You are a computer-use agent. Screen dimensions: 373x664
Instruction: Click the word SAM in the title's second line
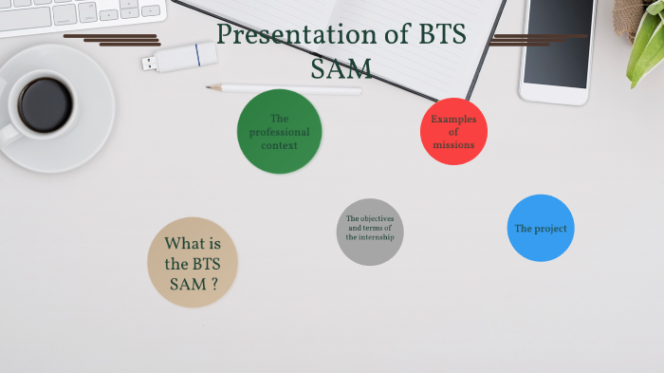pyautogui.click(x=341, y=68)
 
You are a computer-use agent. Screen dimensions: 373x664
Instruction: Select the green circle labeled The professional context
pyautogui.click(x=279, y=132)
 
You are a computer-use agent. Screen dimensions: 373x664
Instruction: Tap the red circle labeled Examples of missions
pyautogui.click(x=453, y=131)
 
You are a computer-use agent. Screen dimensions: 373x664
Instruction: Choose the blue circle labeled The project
pyautogui.click(x=541, y=228)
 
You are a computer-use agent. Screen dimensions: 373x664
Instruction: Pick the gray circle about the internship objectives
pyautogui.click(x=370, y=232)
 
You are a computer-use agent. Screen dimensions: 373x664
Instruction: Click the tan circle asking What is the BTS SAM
pyautogui.click(x=193, y=263)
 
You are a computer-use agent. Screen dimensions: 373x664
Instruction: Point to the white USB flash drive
pyautogui.click(x=184, y=58)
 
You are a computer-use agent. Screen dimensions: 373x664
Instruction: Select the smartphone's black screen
pyautogui.click(x=558, y=44)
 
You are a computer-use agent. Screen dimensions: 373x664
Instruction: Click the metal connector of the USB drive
pyautogui.click(x=149, y=64)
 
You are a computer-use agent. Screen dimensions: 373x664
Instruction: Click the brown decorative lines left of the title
pyautogui.click(x=114, y=40)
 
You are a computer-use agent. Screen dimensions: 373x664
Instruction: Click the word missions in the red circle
pyautogui.click(x=453, y=145)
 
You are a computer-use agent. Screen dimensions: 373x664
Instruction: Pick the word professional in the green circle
pyautogui.click(x=279, y=132)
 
